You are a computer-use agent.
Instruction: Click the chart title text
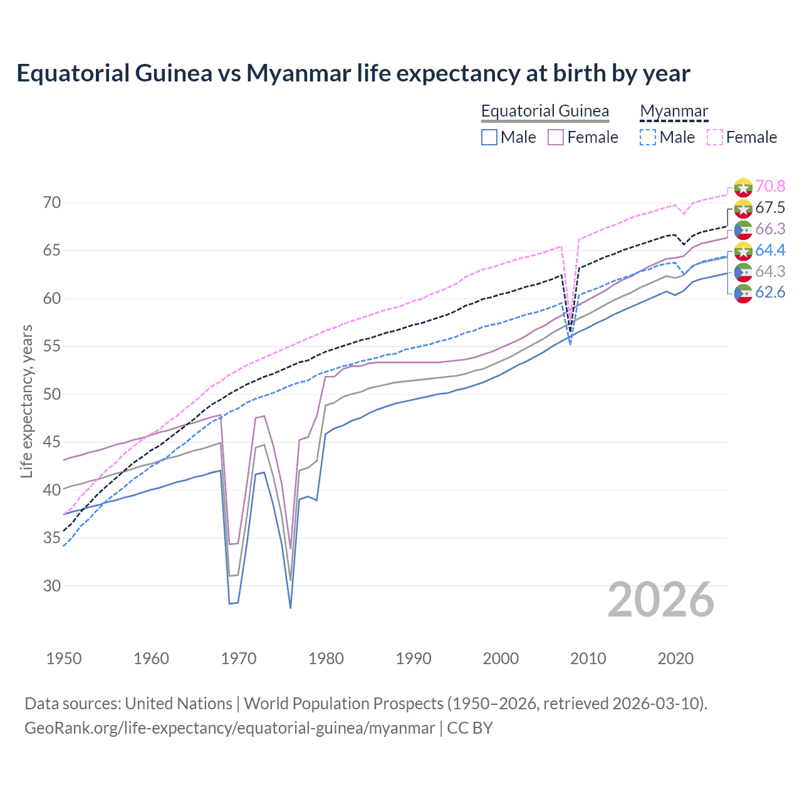(x=353, y=73)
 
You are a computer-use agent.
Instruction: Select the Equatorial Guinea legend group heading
(x=544, y=111)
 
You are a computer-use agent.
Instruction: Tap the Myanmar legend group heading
(x=674, y=111)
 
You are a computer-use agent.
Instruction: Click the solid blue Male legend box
(x=489, y=137)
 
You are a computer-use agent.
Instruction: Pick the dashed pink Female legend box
(x=714, y=137)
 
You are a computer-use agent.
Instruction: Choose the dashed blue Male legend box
(x=648, y=137)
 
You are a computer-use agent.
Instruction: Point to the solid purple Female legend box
(x=556, y=137)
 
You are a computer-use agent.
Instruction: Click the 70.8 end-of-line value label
(x=770, y=186)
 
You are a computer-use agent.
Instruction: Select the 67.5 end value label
(x=770, y=207)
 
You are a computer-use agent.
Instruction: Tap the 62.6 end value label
(x=770, y=293)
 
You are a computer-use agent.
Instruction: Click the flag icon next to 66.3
(x=743, y=229)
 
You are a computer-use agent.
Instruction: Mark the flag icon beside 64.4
(x=743, y=251)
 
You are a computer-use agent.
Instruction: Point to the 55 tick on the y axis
(x=52, y=346)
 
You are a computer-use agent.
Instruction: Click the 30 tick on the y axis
(x=52, y=586)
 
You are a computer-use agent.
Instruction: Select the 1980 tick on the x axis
(x=326, y=659)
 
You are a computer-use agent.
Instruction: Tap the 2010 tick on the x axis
(x=588, y=659)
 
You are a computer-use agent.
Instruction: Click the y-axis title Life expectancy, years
(x=26, y=401)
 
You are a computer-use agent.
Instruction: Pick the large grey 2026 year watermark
(x=660, y=600)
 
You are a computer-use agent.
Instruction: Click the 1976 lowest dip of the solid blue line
(x=290, y=607)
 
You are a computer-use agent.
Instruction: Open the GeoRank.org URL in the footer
(x=229, y=728)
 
